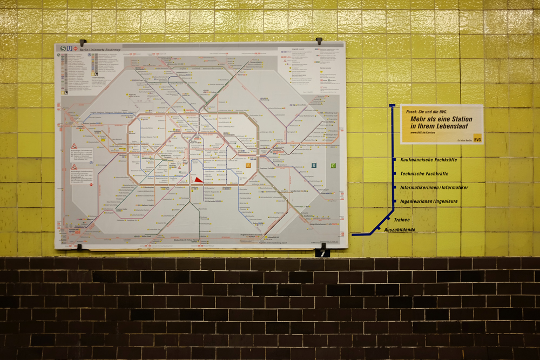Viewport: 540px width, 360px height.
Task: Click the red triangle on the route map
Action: point(198,180)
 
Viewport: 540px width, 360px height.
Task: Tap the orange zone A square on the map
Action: point(248,166)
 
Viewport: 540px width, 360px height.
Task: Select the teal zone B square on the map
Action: point(314,166)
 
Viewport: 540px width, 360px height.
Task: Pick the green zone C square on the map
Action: point(333,166)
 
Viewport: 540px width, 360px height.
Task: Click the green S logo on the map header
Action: point(63,49)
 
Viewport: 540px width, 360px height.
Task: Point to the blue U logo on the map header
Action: point(70,49)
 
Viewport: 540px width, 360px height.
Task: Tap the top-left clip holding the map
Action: point(82,42)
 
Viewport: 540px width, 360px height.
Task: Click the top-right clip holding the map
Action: point(319,40)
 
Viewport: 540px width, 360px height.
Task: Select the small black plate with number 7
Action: point(322,253)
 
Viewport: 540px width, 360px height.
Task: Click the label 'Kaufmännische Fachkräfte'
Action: point(429,160)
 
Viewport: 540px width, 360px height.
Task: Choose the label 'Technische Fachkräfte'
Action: point(424,174)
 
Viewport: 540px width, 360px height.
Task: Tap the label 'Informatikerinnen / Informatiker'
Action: point(434,187)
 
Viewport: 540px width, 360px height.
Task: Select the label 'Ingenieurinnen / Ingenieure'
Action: point(429,201)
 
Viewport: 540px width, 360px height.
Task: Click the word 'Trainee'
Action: point(402,220)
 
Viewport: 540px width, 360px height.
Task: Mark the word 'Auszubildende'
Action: point(400,230)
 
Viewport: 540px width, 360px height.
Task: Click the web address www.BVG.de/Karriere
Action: point(428,132)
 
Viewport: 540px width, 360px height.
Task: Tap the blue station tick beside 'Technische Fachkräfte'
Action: point(395,174)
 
